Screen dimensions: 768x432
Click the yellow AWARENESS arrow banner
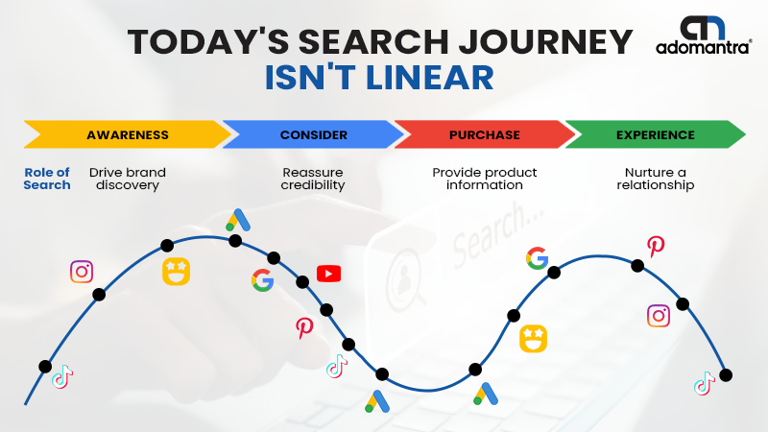tap(128, 134)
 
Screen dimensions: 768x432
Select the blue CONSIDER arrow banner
tap(314, 134)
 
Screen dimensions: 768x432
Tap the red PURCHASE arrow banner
tap(485, 134)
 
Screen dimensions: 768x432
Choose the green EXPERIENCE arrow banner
tap(656, 134)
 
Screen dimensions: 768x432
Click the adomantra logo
tap(704, 36)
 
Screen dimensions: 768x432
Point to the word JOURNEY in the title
tap(545, 41)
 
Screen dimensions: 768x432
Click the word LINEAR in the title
tap(430, 78)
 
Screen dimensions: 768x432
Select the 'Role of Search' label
tap(47, 179)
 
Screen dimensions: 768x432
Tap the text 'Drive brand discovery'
tap(128, 179)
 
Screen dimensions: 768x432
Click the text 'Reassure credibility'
tap(313, 179)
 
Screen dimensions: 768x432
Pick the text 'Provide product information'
tap(485, 179)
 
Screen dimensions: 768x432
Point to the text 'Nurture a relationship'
tap(656, 179)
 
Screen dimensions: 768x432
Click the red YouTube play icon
tap(328, 274)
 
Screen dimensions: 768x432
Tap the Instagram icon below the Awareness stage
tap(82, 272)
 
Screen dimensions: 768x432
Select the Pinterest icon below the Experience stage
tap(656, 247)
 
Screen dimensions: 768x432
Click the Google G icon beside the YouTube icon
tap(262, 280)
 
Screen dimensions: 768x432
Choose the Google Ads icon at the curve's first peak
tap(238, 220)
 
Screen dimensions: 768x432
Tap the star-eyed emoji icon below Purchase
tap(533, 339)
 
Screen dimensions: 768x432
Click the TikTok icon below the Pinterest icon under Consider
tap(337, 367)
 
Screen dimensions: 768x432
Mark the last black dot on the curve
tap(726, 375)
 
